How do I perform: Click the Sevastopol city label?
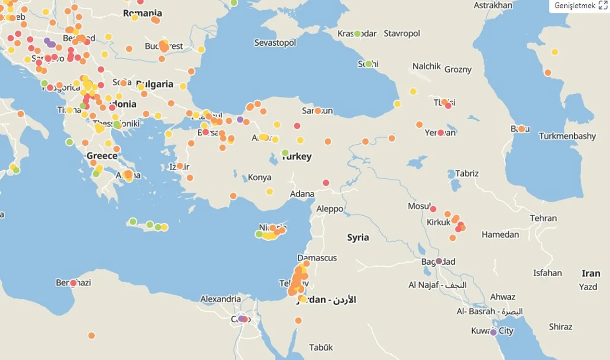point(275,42)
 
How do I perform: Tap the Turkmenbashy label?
point(567,136)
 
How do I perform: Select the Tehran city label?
point(543,218)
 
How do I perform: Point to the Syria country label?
point(358,238)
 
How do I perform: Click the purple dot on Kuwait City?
point(493,332)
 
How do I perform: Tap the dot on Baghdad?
point(439,261)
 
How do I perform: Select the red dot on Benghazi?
point(73,283)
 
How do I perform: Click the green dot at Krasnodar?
point(357,34)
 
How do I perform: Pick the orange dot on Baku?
point(521,129)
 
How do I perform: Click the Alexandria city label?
point(220,299)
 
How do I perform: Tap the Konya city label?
point(260,178)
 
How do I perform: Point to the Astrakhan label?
point(493,6)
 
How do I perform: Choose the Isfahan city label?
point(548,273)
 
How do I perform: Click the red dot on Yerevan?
point(441,133)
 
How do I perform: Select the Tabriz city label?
point(467,173)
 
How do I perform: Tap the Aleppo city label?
point(330,209)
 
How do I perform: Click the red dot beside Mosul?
point(433,209)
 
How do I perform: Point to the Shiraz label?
point(560,327)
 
